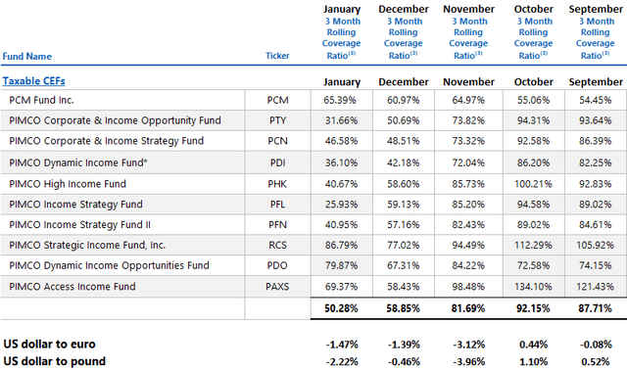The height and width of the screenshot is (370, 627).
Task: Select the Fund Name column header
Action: (27, 57)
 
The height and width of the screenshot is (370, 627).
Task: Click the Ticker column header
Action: (277, 57)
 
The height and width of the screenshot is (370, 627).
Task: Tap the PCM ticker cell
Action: (278, 101)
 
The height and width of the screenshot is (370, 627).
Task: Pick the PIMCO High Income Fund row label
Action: (67, 184)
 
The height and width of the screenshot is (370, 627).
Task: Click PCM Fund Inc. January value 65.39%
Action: (335, 101)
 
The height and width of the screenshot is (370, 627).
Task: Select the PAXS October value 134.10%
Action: (533, 287)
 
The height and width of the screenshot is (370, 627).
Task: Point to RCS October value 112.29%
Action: (533, 245)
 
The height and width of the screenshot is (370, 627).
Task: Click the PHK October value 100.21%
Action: (533, 184)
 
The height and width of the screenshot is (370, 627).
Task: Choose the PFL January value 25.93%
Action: (335, 204)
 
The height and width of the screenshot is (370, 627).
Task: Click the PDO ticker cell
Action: (278, 265)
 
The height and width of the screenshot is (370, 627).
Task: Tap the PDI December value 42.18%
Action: (401, 162)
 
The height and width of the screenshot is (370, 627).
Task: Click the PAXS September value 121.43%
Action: (596, 287)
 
